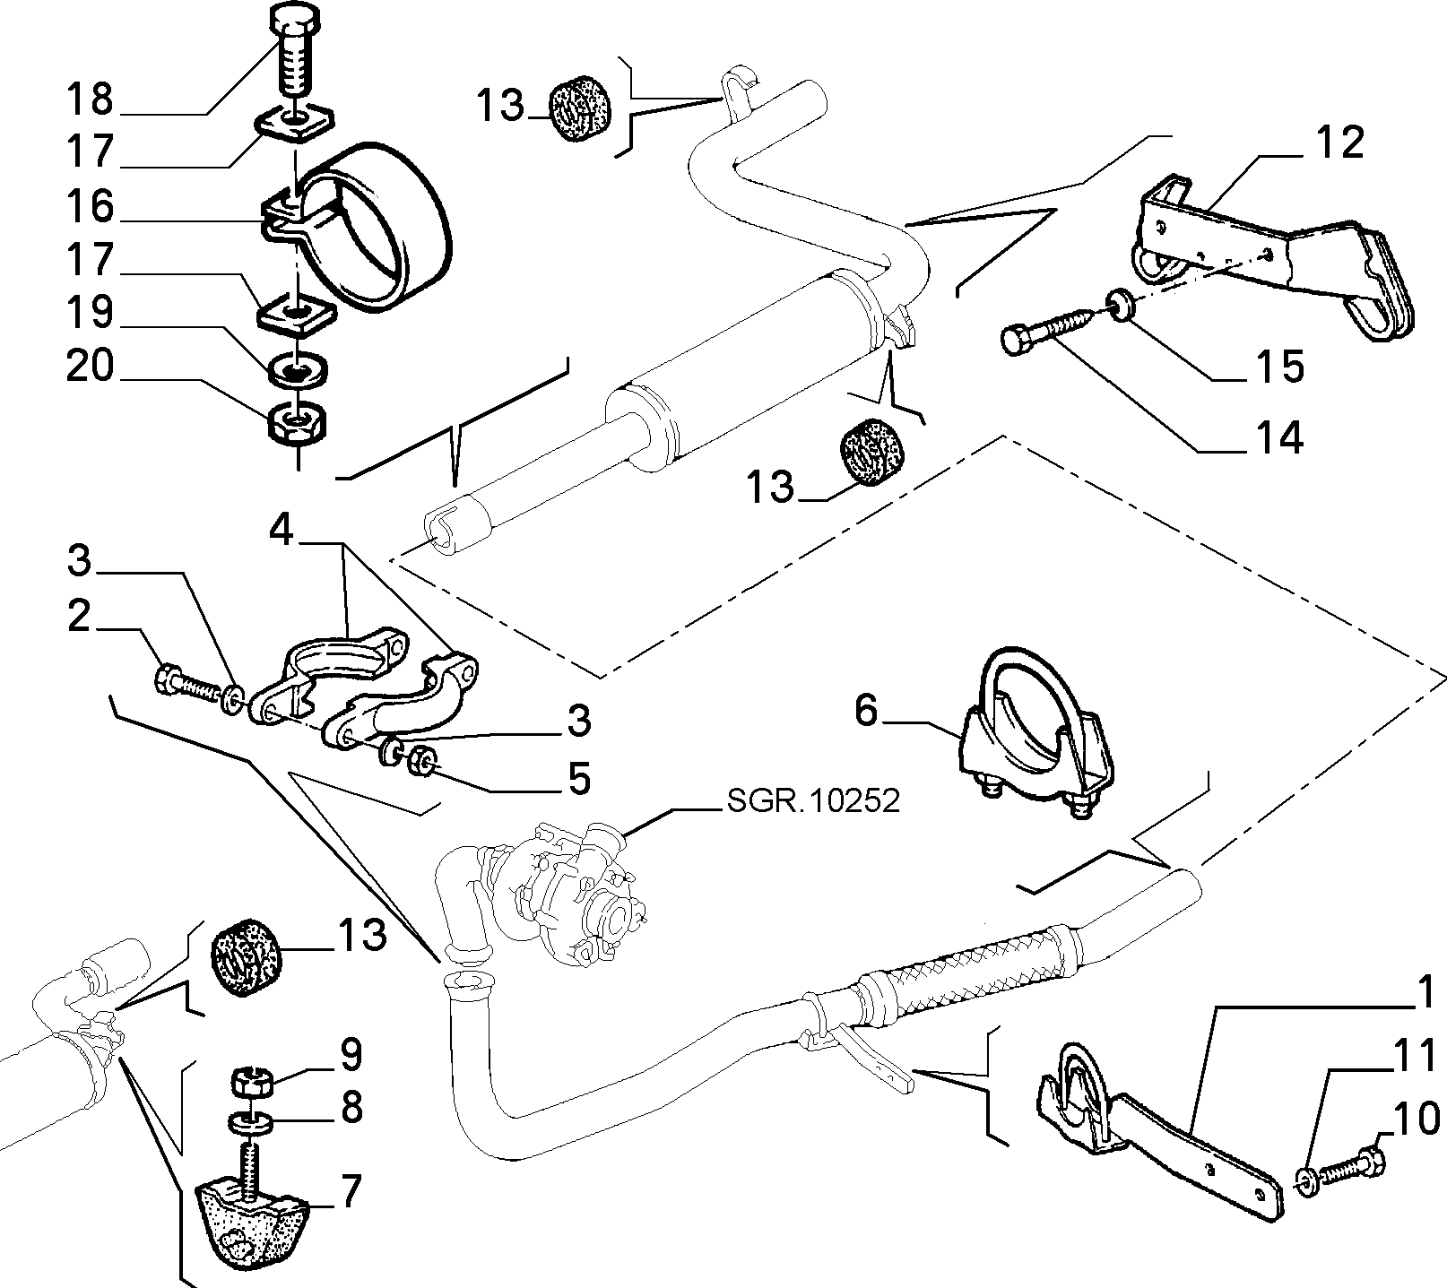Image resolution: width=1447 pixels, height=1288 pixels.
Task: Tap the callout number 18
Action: tap(91, 99)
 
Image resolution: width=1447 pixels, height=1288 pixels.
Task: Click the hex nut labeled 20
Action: tap(298, 423)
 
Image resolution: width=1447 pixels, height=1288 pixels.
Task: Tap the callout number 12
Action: tap(1340, 143)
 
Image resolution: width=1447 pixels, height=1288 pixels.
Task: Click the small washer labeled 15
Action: tap(1121, 306)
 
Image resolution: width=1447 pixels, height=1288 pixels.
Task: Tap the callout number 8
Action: tap(351, 1108)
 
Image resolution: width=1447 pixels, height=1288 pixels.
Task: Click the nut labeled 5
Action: tap(421, 762)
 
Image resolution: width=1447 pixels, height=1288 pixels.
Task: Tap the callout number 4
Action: tap(282, 533)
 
